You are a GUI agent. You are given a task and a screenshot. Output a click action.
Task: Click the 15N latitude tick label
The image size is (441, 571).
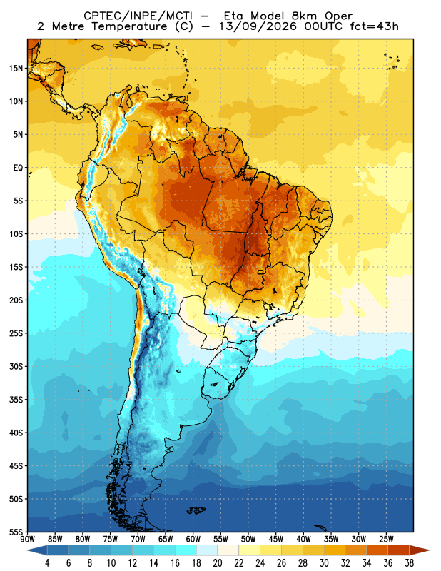pyautogui.click(x=16, y=68)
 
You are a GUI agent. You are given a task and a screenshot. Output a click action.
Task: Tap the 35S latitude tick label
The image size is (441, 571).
pyautogui.click(x=16, y=400)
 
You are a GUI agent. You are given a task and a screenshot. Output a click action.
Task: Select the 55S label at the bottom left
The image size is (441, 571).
pyautogui.click(x=16, y=532)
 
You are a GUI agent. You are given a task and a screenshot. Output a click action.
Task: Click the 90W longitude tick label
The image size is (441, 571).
pyautogui.click(x=27, y=539)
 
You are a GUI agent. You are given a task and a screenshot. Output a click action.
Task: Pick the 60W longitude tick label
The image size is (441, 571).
pyautogui.click(x=193, y=539)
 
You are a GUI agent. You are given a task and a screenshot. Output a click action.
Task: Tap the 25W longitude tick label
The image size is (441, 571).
pyautogui.click(x=386, y=539)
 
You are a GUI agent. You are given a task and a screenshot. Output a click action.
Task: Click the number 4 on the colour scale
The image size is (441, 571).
pyautogui.click(x=47, y=563)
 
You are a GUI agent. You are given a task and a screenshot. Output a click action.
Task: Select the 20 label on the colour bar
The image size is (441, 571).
pyautogui.click(x=218, y=563)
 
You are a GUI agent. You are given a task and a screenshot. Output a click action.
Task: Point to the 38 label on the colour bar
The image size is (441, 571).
pyautogui.click(x=409, y=563)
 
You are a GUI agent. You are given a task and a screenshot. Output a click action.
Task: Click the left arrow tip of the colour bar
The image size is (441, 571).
pyautogui.click(x=27, y=550)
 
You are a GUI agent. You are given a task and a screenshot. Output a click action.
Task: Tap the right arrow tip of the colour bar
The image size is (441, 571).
pyautogui.click(x=430, y=550)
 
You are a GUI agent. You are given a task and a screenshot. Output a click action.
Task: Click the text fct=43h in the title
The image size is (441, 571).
pyautogui.click(x=375, y=26)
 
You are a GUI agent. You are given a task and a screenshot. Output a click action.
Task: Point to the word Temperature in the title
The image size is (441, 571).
pyautogui.click(x=129, y=26)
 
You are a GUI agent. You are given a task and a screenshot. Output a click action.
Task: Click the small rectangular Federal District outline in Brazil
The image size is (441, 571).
pyautogui.click(x=260, y=272)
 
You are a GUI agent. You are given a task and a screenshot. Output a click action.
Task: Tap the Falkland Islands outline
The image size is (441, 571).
pyautogui.click(x=196, y=510)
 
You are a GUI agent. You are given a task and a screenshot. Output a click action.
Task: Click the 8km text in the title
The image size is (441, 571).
pyautogui.click(x=304, y=16)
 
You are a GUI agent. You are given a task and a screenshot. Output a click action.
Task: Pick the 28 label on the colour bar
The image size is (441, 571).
pyautogui.click(x=303, y=563)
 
